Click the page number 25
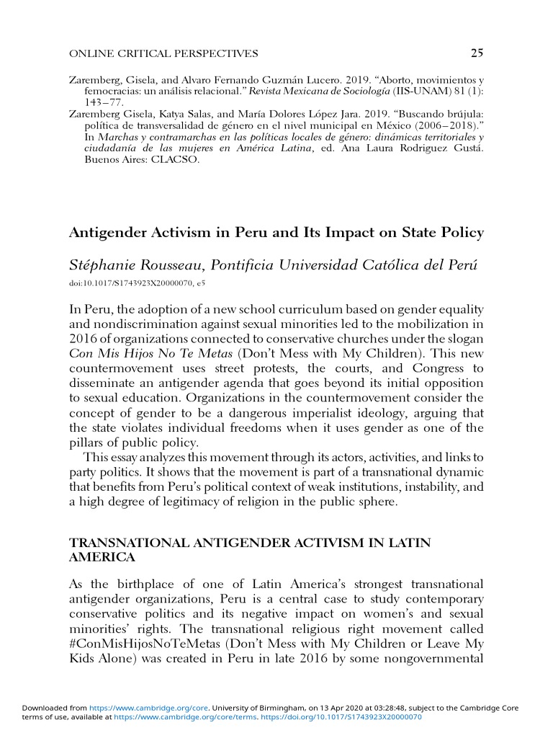[x=477, y=53]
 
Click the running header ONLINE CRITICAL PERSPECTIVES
[x=163, y=53]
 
